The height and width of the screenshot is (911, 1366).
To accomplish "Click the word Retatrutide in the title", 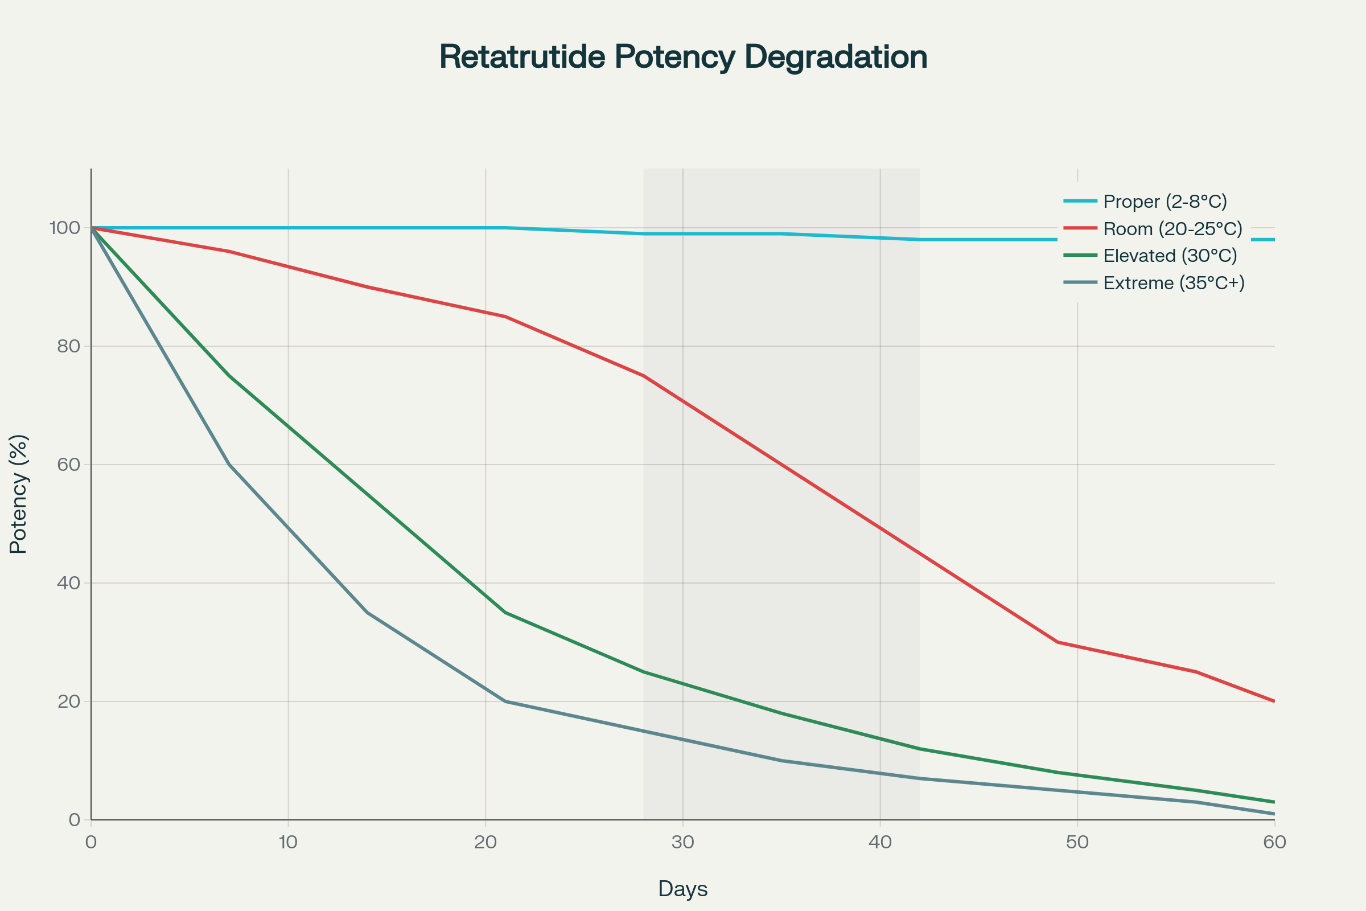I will tap(522, 58).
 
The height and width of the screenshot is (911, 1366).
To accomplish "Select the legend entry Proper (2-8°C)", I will tap(1165, 202).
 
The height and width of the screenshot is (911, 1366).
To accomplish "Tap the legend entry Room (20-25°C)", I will tap(1172, 229).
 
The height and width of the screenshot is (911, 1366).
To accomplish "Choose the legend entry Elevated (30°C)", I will tap(1170, 256).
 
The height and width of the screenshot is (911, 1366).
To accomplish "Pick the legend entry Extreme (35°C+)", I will tap(1173, 283).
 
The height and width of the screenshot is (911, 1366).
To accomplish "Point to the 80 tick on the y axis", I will tap(68, 346).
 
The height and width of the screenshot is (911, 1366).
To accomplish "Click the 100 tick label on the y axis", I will tap(64, 228).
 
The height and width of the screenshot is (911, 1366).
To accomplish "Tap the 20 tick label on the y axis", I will tap(68, 702).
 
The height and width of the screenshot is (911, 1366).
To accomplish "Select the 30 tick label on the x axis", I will tap(682, 843).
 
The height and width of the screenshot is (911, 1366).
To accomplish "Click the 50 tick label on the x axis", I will tap(1077, 843).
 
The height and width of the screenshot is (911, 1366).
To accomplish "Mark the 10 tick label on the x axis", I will tap(287, 843).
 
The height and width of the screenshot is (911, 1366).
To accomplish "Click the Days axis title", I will tap(682, 889).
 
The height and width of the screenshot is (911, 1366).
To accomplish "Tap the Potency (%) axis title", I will tap(19, 494).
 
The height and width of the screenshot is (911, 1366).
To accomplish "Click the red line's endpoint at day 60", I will tap(1274, 701).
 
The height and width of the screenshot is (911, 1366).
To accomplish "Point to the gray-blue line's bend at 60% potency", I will tap(229, 464).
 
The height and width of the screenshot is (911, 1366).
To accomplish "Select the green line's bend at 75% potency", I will tap(229, 376).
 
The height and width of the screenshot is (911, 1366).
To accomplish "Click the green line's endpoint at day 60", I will tap(1274, 802).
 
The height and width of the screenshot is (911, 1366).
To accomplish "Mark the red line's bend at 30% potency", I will tap(1058, 642).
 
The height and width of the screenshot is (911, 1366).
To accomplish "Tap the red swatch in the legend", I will tap(1080, 228).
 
